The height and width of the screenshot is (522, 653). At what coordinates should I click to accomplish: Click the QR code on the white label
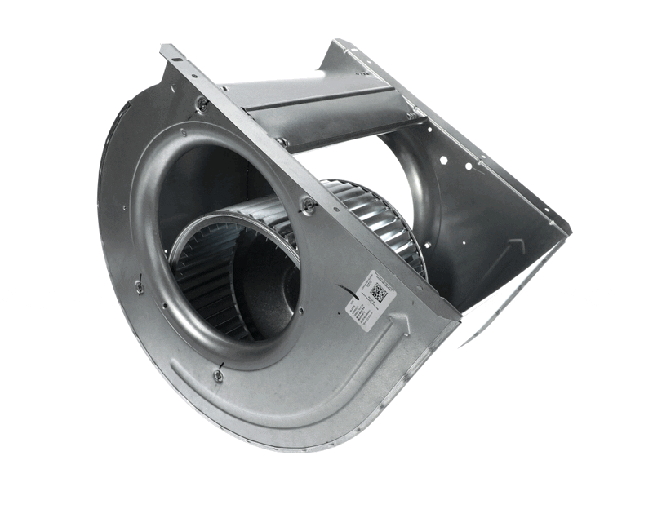tap(379, 292)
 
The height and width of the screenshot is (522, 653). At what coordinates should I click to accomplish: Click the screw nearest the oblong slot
tap(202, 103)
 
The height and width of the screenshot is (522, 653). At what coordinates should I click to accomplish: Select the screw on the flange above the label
tap(309, 206)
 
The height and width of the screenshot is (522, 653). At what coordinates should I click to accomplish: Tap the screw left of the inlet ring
tap(140, 286)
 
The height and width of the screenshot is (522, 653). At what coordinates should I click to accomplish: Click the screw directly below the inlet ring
tap(218, 375)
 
